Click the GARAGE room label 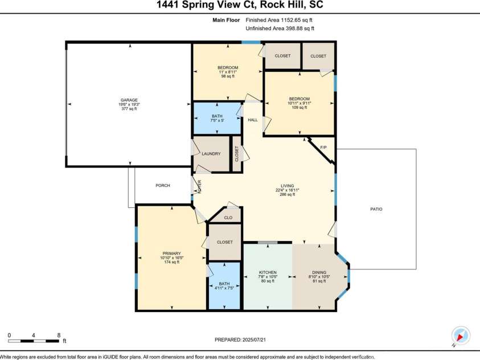coord(129,100)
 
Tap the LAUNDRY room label coord(211,154)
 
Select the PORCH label coord(163,186)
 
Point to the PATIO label coord(376,209)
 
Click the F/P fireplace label coord(323,148)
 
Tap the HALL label coord(253,120)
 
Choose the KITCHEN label coord(268,272)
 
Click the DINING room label coord(319,272)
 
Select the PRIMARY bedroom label coord(172,253)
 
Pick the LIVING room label coord(288,186)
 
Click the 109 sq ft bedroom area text coord(300,108)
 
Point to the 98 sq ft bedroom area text coord(228,76)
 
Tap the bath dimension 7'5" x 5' coord(218,121)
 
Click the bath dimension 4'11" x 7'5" coord(224,288)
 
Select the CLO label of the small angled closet coord(228,218)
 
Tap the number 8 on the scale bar coord(59,335)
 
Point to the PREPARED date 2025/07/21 coord(254,340)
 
